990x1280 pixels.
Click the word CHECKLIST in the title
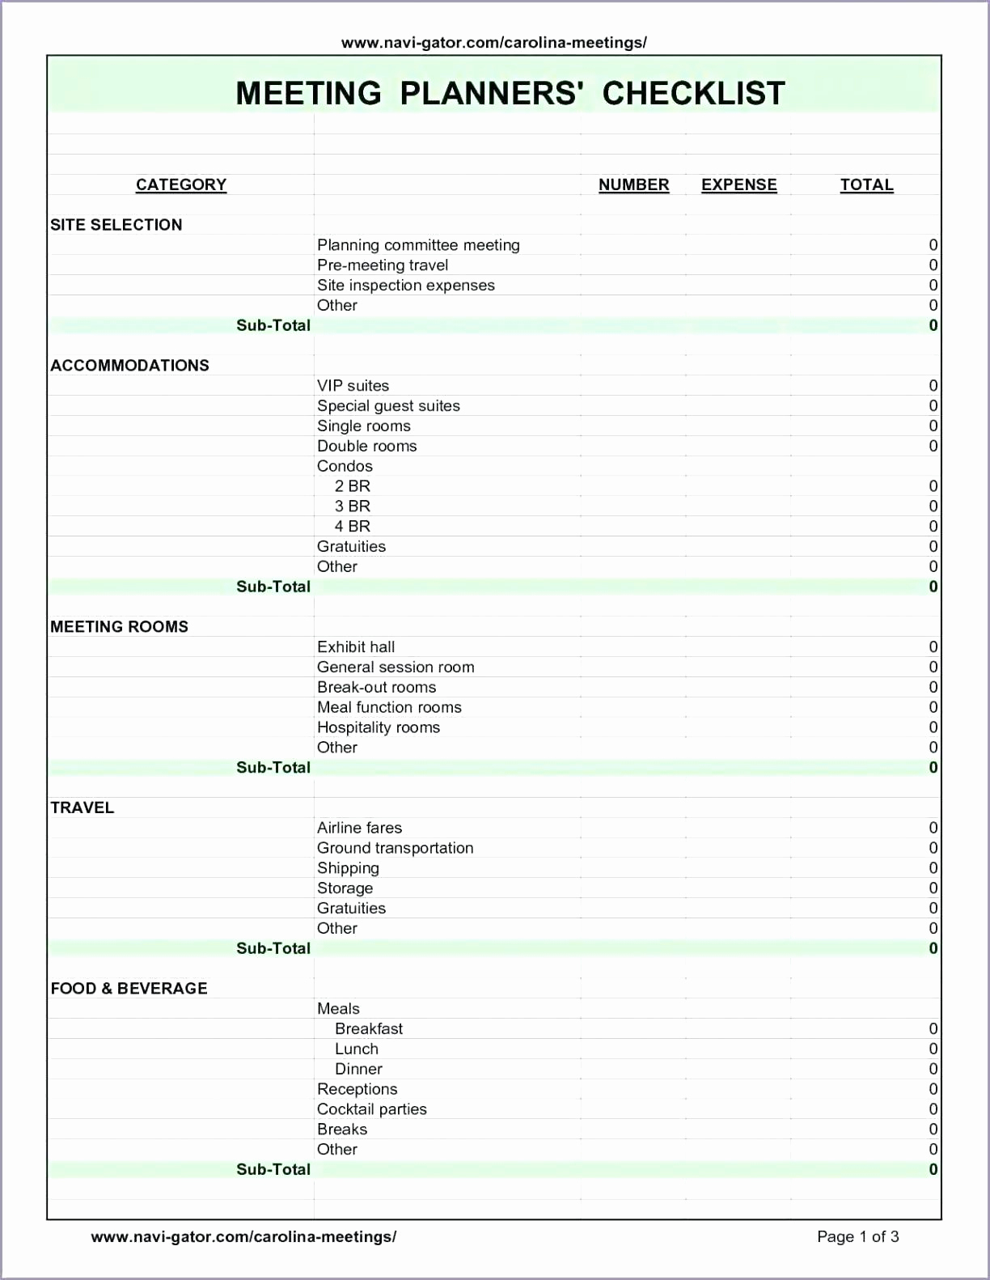693,93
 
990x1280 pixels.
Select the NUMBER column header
633,184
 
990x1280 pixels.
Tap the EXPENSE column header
738,184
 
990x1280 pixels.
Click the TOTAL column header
866,184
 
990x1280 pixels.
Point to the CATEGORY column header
181,184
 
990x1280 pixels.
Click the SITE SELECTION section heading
116,225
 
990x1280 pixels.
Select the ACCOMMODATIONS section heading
129,366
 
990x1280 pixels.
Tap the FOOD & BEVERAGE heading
129,989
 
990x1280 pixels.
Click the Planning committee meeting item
418,245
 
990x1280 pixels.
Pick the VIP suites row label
353,386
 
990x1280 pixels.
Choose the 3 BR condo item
353,506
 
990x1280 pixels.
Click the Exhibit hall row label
356,647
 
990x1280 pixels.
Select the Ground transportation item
395,848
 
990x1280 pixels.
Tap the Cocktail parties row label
371,1109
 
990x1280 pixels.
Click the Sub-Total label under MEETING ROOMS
273,768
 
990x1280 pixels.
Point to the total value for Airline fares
933,828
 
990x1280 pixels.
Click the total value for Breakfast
933,1029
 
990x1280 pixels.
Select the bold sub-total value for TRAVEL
933,948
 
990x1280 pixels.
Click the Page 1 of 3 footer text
857,1236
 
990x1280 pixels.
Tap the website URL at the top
493,43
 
